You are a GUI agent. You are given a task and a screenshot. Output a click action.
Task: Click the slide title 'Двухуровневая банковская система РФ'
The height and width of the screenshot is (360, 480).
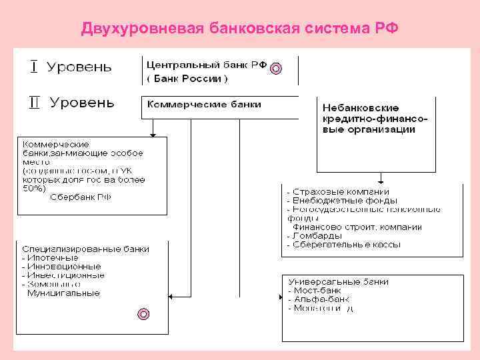(x=239, y=29)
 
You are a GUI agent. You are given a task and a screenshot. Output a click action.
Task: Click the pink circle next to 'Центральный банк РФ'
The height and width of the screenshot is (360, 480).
(x=277, y=67)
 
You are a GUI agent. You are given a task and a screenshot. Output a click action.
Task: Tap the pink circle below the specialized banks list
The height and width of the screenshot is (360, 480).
(x=143, y=313)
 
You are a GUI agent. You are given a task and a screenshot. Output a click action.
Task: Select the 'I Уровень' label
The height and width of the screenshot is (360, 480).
(x=70, y=67)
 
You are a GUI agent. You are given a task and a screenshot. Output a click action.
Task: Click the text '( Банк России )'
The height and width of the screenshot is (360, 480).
(x=187, y=79)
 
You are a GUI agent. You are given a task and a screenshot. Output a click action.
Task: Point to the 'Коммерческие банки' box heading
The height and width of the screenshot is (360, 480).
(x=204, y=105)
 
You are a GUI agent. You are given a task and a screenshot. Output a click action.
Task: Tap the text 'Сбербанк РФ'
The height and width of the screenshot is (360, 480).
(x=81, y=197)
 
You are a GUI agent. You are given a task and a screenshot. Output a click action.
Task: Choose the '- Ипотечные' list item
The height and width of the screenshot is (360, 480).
(x=50, y=257)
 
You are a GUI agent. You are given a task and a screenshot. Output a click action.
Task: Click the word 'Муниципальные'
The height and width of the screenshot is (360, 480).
(x=63, y=292)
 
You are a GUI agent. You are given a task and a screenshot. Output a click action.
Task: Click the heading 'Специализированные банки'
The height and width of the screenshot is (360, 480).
(x=85, y=249)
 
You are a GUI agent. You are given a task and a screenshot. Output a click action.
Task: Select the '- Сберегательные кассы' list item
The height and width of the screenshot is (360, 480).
(x=343, y=245)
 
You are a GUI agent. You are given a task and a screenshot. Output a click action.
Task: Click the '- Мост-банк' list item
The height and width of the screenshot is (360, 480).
(x=315, y=291)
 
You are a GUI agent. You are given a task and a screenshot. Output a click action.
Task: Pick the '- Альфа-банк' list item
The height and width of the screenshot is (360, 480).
(x=319, y=299)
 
